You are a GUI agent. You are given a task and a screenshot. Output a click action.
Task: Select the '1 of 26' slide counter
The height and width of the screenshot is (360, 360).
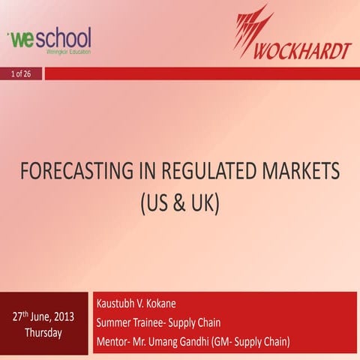tap(21, 73)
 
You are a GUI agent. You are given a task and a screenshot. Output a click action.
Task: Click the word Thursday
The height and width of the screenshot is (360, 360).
tap(43, 332)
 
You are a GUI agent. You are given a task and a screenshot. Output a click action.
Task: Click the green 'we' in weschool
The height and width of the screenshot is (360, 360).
tap(21, 37)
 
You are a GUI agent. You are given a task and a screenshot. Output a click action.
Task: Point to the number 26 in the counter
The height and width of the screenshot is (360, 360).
tap(27, 73)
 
